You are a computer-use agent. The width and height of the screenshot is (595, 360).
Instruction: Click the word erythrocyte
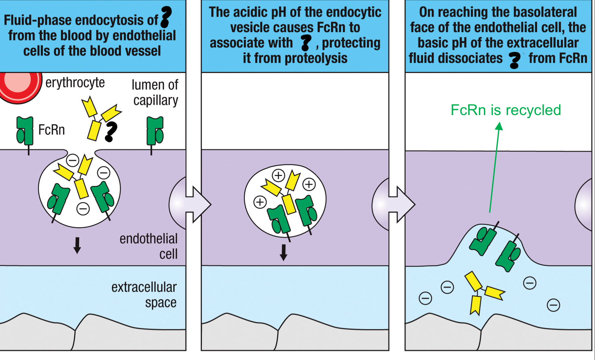(x=75, y=83)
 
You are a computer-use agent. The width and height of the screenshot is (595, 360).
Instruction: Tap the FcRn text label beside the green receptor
(x=51, y=130)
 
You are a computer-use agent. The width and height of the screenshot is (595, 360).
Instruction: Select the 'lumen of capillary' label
(x=155, y=93)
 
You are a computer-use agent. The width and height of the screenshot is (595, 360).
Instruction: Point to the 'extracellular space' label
(x=144, y=295)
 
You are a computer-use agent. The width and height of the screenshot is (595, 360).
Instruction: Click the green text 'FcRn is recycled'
(x=505, y=110)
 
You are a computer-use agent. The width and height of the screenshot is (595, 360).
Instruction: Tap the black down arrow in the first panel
(x=77, y=245)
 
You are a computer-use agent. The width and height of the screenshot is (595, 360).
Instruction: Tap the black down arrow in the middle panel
(x=283, y=252)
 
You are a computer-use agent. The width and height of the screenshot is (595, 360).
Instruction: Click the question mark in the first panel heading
(x=166, y=17)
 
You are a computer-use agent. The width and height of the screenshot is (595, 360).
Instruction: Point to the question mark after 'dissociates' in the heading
(x=514, y=60)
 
